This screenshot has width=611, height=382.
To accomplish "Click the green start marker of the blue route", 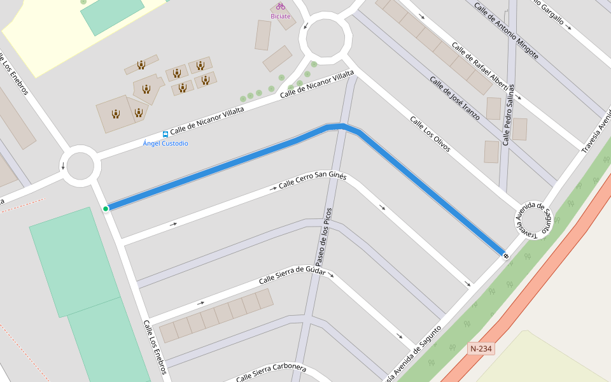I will tap(106, 208).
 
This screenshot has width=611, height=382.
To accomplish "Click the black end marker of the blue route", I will tap(506, 256).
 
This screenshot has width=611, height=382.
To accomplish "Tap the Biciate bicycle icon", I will tap(281, 6).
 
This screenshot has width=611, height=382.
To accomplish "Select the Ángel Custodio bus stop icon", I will tap(165, 134).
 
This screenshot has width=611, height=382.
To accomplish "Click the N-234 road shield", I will tap(481, 349).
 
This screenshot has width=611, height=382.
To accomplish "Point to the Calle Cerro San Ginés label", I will tap(313, 181).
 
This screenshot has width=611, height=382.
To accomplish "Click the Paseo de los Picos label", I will tap(322, 237).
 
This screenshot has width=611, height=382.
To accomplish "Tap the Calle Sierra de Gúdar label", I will tap(292, 276).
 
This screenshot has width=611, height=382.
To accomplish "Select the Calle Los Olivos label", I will tap(430, 134).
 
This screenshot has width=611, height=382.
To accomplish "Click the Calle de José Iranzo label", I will tap(455, 101).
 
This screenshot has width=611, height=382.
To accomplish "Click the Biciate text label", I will tap(281, 17).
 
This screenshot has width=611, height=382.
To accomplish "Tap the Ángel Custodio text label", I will tap(165, 144).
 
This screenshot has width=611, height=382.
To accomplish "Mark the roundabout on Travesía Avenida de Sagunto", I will tap(534, 221).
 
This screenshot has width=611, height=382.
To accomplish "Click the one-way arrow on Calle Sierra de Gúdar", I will tap(201, 302).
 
